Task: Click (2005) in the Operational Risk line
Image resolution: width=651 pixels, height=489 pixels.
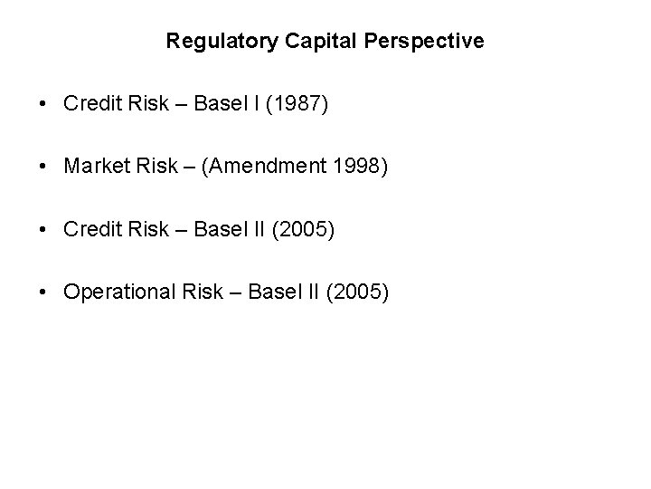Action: coord(360,292)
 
